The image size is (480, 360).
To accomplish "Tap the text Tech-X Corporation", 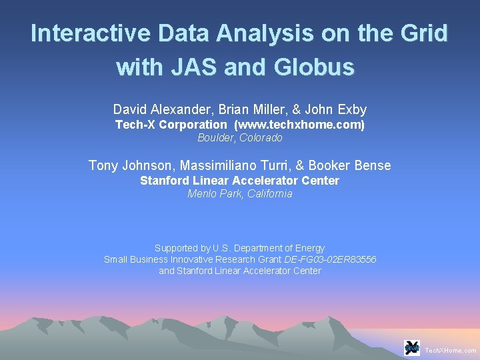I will tap(171, 125).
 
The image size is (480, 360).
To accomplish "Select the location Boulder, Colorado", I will tap(240, 138).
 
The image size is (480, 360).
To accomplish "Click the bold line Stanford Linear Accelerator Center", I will tap(240, 181).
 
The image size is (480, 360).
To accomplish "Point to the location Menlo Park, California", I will tap(240, 194).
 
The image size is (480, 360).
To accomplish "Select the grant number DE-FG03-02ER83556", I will tap(330, 259).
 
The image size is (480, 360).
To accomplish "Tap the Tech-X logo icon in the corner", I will tap(412, 348).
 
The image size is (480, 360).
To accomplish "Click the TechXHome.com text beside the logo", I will tap(451, 350).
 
